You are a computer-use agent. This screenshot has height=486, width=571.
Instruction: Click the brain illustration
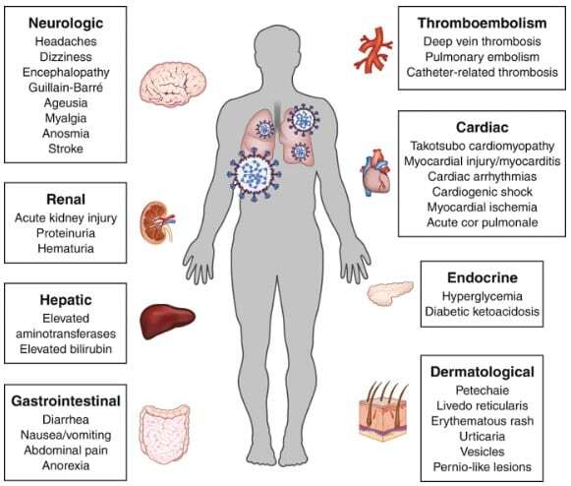(x=173, y=85)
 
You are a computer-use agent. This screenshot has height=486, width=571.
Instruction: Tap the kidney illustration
(x=157, y=222)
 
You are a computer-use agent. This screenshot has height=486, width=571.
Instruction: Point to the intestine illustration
(x=164, y=434)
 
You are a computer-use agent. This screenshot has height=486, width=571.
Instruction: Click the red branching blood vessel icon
(x=373, y=49)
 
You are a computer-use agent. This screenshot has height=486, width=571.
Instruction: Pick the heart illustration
(x=376, y=172)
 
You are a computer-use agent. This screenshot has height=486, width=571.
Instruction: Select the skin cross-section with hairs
(x=383, y=410)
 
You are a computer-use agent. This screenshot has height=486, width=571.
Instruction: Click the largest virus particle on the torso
(x=254, y=174)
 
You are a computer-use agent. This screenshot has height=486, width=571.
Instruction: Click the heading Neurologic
(x=66, y=23)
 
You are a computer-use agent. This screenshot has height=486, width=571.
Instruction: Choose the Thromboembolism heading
(x=482, y=23)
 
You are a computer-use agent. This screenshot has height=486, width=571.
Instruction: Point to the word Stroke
(x=66, y=149)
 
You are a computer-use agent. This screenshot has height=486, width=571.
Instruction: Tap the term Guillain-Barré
(x=66, y=88)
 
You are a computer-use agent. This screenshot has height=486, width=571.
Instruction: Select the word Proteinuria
(x=66, y=233)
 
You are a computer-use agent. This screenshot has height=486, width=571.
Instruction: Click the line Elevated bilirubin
(x=66, y=349)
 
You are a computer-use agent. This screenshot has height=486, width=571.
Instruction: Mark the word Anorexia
(x=66, y=465)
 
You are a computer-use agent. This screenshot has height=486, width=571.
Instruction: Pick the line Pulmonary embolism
(x=483, y=57)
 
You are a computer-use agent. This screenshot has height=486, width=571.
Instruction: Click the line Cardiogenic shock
(x=483, y=192)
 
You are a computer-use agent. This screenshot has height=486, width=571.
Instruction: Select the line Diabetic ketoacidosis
(x=483, y=311)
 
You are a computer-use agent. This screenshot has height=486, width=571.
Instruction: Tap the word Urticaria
(x=483, y=437)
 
